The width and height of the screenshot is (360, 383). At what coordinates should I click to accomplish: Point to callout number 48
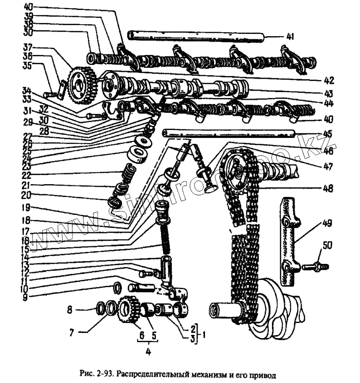coord(328,188)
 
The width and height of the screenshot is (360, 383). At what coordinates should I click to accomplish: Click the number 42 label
coord(328,80)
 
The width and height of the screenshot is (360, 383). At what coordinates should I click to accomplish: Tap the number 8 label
coord(70,310)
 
